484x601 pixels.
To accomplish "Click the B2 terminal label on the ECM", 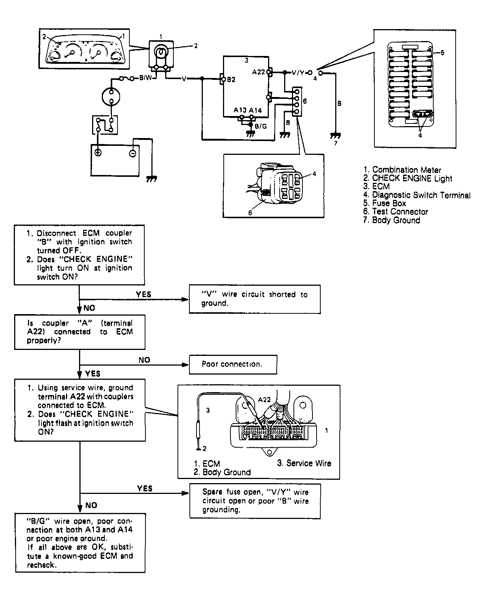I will pyautogui.click(x=231, y=79).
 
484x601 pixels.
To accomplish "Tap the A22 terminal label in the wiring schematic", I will pyautogui.click(x=258, y=72).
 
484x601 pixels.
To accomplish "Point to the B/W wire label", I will pyautogui.click(x=145, y=78).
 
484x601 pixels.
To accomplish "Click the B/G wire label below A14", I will pyautogui.click(x=261, y=126).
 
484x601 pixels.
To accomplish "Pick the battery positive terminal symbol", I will pyautogui.click(x=98, y=152).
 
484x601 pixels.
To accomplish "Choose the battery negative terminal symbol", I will pyautogui.click(x=132, y=153).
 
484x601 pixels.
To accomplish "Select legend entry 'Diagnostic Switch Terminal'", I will pyautogui.click(x=417, y=195).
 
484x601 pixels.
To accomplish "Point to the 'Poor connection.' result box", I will pyautogui.click(x=233, y=364).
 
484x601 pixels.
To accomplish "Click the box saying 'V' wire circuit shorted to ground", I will pyautogui.click(x=255, y=299).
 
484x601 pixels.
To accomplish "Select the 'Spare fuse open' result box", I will pyautogui.click(x=255, y=501).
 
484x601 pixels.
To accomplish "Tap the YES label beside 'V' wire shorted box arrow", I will pyautogui.click(x=144, y=294).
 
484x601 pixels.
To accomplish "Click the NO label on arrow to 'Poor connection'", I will pyautogui.click(x=144, y=360).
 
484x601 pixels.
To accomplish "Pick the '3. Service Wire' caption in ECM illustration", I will pyautogui.click(x=304, y=463).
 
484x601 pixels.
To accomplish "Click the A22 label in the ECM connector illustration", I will pyautogui.click(x=264, y=400).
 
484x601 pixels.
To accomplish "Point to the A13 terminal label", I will pyautogui.click(x=240, y=110).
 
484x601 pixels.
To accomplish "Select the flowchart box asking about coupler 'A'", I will pyautogui.click(x=80, y=332).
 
